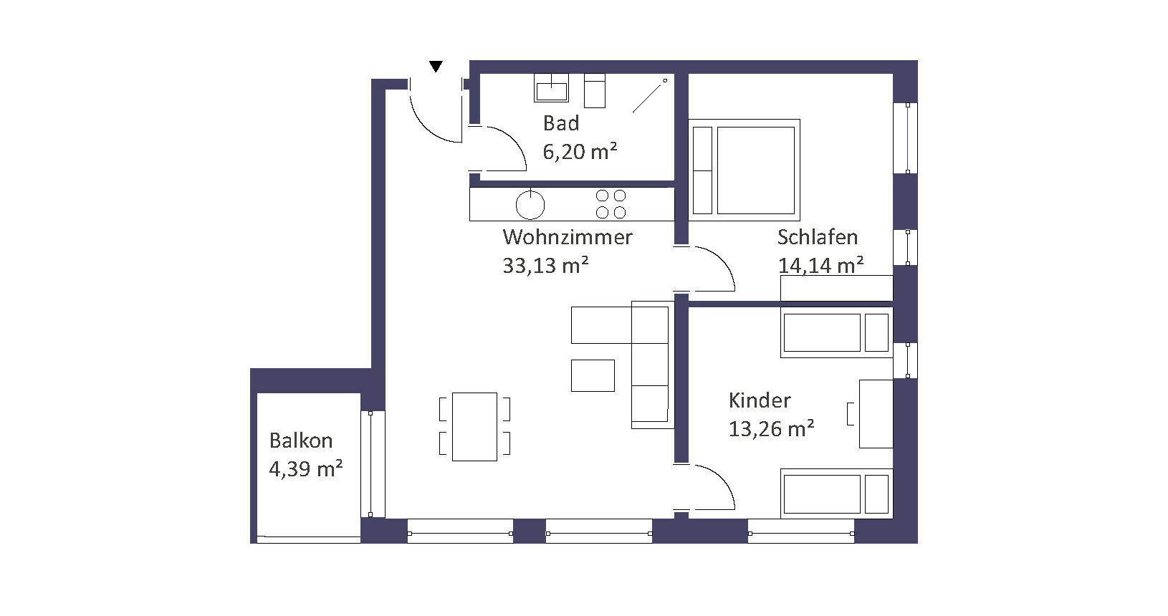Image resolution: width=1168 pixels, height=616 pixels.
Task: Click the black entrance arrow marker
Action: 436,66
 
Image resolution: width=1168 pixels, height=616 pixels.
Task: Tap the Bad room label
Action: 561,123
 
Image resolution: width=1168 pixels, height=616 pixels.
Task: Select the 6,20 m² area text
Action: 580,152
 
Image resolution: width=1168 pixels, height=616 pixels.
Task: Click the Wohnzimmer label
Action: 568,237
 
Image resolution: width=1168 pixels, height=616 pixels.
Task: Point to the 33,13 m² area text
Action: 545,265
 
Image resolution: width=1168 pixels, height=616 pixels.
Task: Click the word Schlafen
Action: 818,237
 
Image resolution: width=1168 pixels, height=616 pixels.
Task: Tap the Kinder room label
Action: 760,400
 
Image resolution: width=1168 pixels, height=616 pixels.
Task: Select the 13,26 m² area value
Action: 771,429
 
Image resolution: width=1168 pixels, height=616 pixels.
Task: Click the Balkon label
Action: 301,441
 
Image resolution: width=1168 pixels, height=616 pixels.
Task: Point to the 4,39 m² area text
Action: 305,469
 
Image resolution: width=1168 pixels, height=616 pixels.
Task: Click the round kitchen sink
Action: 530,204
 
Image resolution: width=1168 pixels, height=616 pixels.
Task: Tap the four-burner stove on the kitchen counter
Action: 611,203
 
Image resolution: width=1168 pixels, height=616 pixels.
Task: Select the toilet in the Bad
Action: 595,91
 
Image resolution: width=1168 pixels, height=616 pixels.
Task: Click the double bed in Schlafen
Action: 744,170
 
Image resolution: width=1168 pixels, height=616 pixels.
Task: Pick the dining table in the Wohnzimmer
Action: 474,427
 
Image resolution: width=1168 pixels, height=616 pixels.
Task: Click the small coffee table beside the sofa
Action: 593,375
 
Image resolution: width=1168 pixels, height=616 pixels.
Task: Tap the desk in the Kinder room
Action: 876,414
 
